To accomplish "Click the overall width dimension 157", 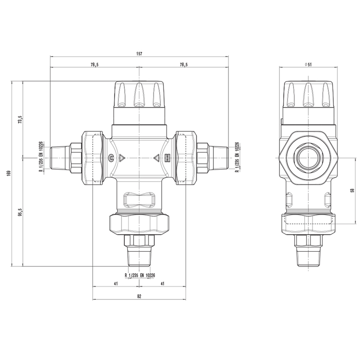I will tap(139, 54).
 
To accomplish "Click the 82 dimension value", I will tap(139, 296).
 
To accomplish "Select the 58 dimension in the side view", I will tap(352, 190).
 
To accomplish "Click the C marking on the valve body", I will tap(112, 158).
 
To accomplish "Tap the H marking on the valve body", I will tap(167, 158).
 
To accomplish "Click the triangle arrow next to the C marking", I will tap(122, 158).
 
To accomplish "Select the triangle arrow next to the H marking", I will tap(156, 158).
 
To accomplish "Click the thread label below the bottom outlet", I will tap(139, 275).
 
